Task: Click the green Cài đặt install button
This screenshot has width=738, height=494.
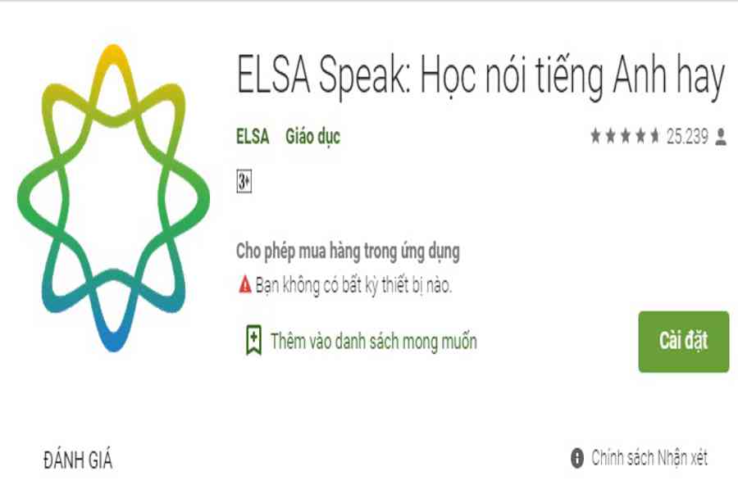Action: pyautogui.click(x=683, y=342)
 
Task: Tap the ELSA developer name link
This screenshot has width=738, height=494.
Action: pyautogui.click(x=253, y=137)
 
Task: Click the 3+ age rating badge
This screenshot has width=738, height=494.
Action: pyautogui.click(x=244, y=181)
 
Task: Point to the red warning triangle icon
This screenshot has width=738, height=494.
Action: pyautogui.click(x=245, y=284)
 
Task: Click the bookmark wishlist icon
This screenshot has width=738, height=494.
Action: pyautogui.click(x=253, y=339)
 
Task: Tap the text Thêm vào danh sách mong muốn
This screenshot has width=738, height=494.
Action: pyautogui.click(x=374, y=342)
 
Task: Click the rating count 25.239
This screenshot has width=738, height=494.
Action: pyautogui.click(x=687, y=137)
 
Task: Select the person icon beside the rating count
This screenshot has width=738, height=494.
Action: pyautogui.click(x=721, y=138)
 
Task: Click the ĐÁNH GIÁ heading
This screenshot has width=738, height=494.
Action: pyautogui.click(x=78, y=460)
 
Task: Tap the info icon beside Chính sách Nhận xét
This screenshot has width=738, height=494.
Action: pyautogui.click(x=577, y=458)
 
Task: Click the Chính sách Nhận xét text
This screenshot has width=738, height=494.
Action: pyautogui.click(x=649, y=458)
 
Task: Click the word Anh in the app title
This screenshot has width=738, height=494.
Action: pyautogui.click(x=640, y=75)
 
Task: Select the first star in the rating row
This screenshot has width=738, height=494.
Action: pyautogui.click(x=596, y=136)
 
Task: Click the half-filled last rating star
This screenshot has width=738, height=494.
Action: pyautogui.click(x=654, y=136)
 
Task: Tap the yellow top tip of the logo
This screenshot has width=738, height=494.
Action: pyautogui.click(x=113, y=48)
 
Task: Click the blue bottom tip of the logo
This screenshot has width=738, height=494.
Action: pyautogui.click(x=113, y=347)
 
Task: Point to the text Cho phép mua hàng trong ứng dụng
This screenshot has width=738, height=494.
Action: pyautogui.click(x=348, y=252)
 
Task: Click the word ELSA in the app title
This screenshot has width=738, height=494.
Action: pyautogui.click(x=273, y=75)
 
